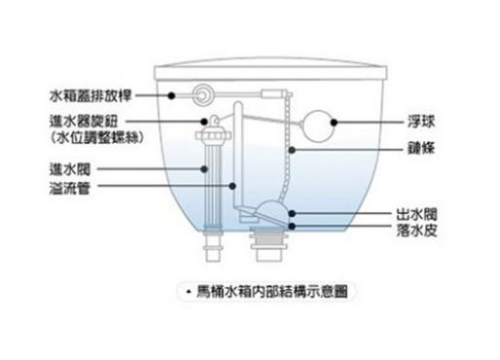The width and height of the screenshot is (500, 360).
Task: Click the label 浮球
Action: point(420,124)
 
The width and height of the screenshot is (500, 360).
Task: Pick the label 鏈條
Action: point(420,150)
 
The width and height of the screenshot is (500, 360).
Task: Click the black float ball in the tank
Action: point(316,124)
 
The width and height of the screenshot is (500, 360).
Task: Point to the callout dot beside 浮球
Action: point(334,124)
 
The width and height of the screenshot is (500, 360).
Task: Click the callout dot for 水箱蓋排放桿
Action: point(171,95)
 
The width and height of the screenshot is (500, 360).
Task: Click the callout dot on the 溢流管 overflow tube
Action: point(232,186)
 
